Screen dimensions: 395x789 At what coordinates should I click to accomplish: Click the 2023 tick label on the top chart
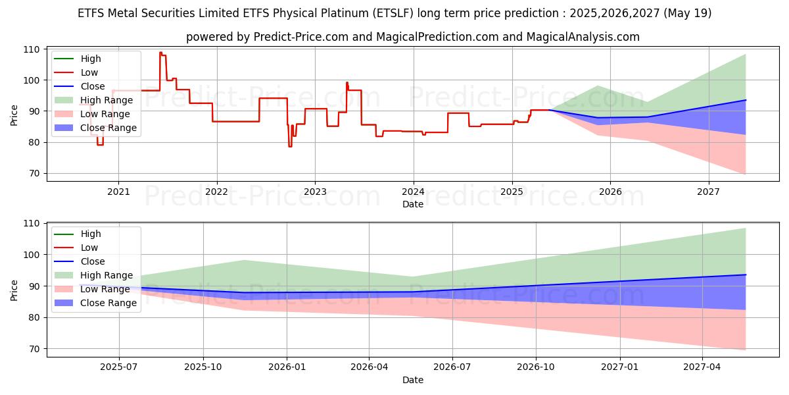pyautogui.click(x=315, y=192)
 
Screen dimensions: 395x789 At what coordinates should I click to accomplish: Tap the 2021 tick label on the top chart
pyautogui.click(x=118, y=192)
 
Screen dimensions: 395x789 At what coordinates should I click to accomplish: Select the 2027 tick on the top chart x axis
pyautogui.click(x=708, y=192)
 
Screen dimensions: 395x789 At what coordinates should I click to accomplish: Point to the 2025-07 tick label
pyautogui.click(x=119, y=367)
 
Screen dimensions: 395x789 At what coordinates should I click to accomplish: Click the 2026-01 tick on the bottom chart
pyautogui.click(x=286, y=367)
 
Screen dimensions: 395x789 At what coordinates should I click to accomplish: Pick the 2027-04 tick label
pyautogui.click(x=703, y=367)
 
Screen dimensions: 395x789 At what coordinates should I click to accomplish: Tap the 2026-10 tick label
pyautogui.click(x=536, y=367)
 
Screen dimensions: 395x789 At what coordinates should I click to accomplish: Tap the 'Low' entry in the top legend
pyautogui.click(x=89, y=73)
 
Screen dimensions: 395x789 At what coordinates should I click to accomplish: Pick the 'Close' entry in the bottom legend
pyautogui.click(x=93, y=261)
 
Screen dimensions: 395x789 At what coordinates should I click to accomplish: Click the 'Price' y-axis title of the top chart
pyautogui.click(x=14, y=115)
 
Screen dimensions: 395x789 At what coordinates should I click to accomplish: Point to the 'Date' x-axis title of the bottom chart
pyautogui.click(x=413, y=380)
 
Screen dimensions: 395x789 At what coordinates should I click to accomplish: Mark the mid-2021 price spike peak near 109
pyautogui.click(x=160, y=52)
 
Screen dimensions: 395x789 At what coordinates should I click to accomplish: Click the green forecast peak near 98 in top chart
pyautogui.click(x=597, y=86)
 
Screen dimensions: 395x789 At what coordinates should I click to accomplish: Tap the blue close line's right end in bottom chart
pyautogui.click(x=746, y=275)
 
